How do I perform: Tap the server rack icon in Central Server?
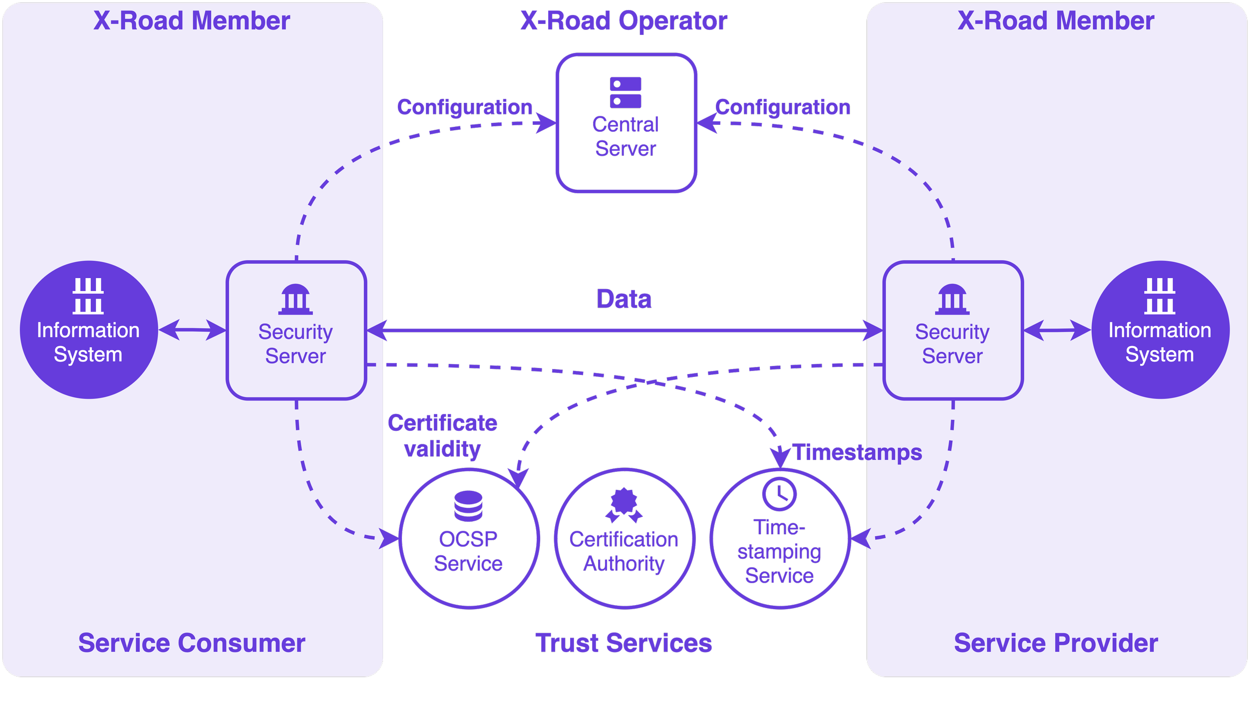click(625, 92)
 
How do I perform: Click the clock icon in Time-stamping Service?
click(779, 494)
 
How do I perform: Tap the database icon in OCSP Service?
click(468, 506)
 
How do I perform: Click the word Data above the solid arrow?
click(624, 299)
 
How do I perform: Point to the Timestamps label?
click(857, 452)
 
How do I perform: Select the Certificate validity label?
click(442, 436)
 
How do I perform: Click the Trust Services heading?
click(624, 643)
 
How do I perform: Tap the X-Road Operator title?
click(624, 21)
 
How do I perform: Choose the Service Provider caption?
click(1056, 643)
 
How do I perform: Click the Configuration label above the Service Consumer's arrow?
click(464, 107)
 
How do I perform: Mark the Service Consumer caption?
click(192, 643)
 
